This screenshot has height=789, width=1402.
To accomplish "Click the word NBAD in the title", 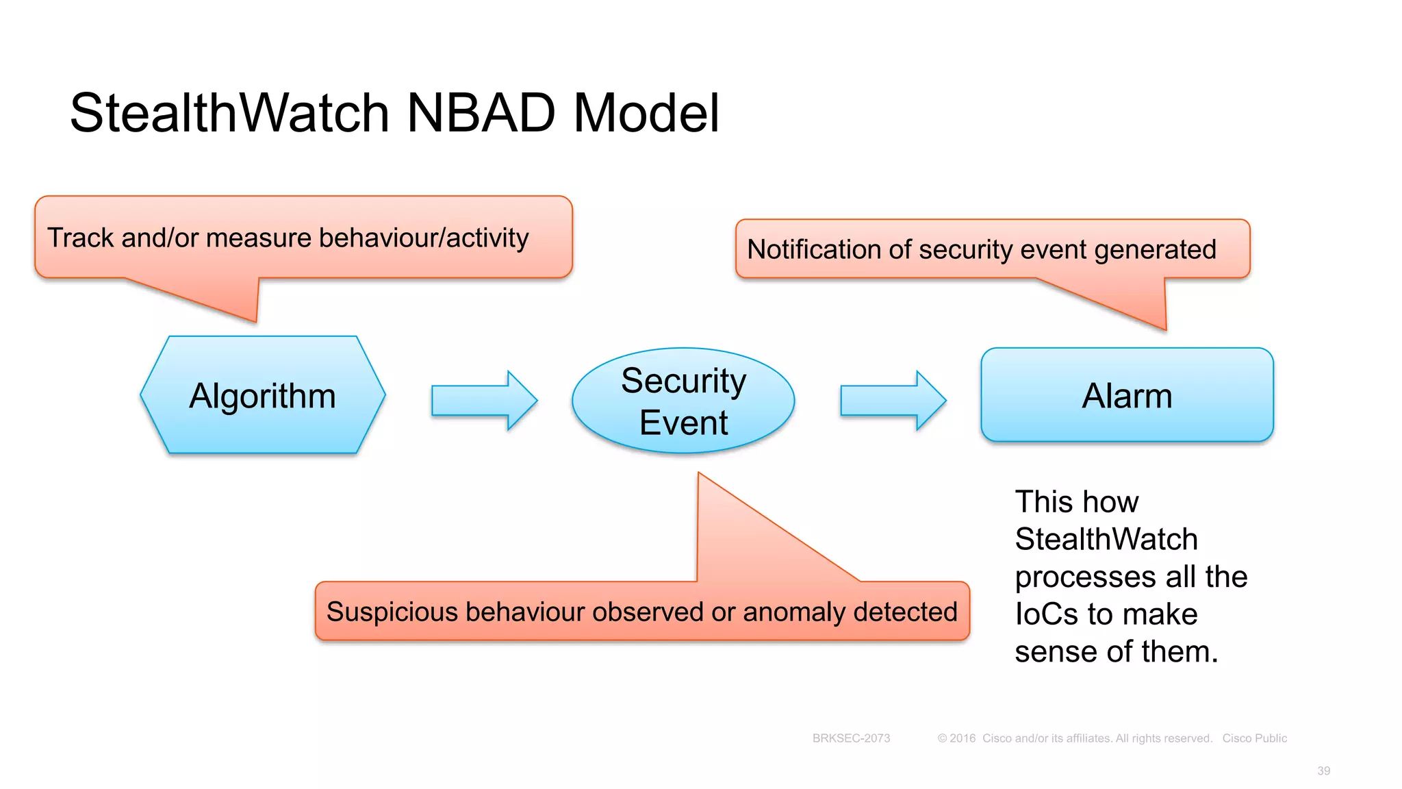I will [481, 113].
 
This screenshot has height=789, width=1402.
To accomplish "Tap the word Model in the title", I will [646, 113].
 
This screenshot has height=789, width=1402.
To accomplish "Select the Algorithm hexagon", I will [263, 396].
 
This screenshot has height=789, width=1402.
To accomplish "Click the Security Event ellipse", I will [683, 401].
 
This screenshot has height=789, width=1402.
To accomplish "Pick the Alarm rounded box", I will [1127, 396].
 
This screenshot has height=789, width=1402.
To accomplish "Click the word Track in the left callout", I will [80, 238].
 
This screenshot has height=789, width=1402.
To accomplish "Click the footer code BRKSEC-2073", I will [851, 738].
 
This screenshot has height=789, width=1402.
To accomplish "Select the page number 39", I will [1323, 771].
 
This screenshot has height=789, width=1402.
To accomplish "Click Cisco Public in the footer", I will [1254, 738].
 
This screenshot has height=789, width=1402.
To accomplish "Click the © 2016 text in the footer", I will [956, 738].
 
